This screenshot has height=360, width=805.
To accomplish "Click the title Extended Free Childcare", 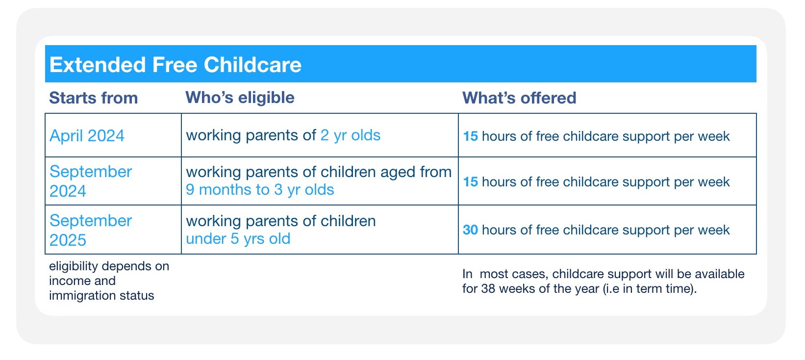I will click(x=176, y=65).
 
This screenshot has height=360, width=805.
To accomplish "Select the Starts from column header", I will click(x=93, y=98).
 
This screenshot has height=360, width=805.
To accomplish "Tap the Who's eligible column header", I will click(x=240, y=97).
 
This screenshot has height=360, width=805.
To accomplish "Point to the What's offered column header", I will click(x=519, y=98).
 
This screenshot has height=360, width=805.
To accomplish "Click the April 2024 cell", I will click(x=87, y=135).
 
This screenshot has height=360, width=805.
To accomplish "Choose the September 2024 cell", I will click(x=91, y=181).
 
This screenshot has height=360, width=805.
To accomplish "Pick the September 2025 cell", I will click(x=91, y=230).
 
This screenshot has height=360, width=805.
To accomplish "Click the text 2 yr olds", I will click(x=350, y=135).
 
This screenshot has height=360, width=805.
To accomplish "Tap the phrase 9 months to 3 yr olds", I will click(x=260, y=190).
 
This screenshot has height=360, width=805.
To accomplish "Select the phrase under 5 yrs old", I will click(x=238, y=239).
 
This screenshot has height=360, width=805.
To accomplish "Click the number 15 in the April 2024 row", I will click(x=470, y=136).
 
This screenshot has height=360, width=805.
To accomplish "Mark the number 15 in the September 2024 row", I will click(x=470, y=182).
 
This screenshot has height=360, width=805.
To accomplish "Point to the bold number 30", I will click(x=470, y=230).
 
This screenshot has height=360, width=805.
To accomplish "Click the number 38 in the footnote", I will click(x=488, y=288).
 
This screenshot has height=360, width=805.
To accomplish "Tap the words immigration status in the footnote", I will click(x=101, y=296).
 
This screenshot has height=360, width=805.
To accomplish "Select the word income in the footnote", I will click(x=69, y=281).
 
